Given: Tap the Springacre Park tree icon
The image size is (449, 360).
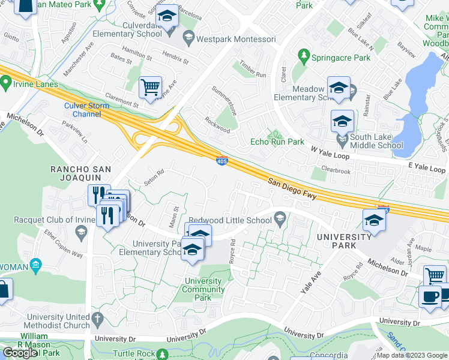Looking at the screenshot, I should (304, 57).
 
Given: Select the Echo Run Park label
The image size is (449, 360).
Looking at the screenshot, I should (277, 142).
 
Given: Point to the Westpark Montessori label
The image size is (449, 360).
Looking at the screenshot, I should (237, 40).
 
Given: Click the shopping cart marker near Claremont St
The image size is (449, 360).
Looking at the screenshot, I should (150, 87).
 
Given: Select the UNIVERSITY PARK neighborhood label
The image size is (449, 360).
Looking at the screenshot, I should (344, 242).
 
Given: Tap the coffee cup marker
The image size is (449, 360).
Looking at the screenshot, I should (429, 298).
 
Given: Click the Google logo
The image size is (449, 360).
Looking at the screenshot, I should (20, 353).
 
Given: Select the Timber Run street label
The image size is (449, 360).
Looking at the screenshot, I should (253, 70).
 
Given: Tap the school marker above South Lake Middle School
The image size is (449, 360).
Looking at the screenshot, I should (342, 121).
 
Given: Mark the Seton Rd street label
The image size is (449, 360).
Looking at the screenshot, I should (154, 178).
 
